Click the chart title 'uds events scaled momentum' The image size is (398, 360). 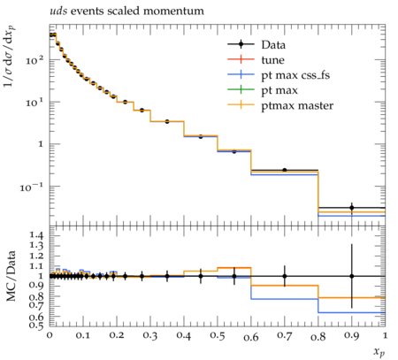126,11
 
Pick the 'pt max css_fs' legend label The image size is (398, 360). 295,75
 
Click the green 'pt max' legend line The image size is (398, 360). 241,89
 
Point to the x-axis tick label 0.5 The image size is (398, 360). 218,335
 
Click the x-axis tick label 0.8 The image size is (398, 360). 318,335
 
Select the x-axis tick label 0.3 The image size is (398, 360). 150,335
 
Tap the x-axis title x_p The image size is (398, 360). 379,352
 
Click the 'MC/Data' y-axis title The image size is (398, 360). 11,276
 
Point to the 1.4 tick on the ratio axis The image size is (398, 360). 36,235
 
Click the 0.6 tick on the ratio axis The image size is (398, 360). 36,317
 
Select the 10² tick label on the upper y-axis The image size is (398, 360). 34,60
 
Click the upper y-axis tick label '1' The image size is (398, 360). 41,144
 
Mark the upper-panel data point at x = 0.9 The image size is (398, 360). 352,208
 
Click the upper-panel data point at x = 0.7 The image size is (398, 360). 285,170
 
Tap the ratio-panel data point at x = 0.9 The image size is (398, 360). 352,276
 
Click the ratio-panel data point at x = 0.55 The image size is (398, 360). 234,276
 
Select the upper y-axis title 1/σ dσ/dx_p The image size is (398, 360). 10,57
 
